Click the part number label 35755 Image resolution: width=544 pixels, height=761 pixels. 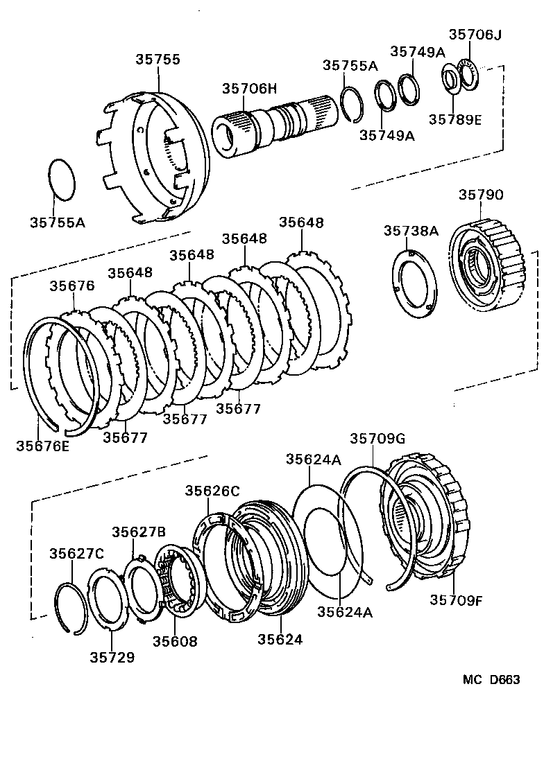(x=158, y=60)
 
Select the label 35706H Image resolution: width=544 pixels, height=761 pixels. (x=249, y=89)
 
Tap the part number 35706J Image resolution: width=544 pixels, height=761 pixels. (x=475, y=34)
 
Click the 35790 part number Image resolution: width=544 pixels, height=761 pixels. (x=480, y=195)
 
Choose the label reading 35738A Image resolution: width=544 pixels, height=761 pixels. (x=411, y=231)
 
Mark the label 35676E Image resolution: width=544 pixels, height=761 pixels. (x=42, y=446)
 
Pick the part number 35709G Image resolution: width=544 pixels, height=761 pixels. (x=377, y=438)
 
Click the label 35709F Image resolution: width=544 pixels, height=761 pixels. (x=455, y=600)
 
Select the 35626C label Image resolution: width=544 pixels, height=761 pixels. (x=212, y=491)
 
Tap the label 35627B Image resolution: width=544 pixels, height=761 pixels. (x=139, y=532)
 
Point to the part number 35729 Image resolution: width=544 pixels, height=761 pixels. (x=112, y=656)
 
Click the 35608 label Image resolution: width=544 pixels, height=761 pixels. (x=174, y=642)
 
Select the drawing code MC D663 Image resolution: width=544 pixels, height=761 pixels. (x=491, y=680)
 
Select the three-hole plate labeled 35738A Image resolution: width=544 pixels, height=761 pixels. (x=416, y=285)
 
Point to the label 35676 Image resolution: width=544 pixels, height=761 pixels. (x=72, y=286)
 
